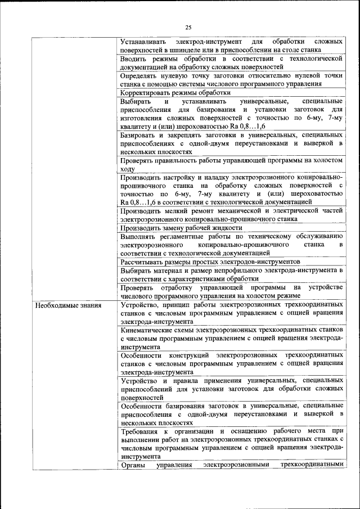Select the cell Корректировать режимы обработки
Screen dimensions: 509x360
175,93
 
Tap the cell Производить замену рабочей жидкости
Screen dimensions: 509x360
181,228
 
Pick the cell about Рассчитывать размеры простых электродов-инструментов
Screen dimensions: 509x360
210,262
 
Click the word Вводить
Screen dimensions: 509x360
134,58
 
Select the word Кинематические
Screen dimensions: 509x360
147,331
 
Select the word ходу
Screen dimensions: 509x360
128,168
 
